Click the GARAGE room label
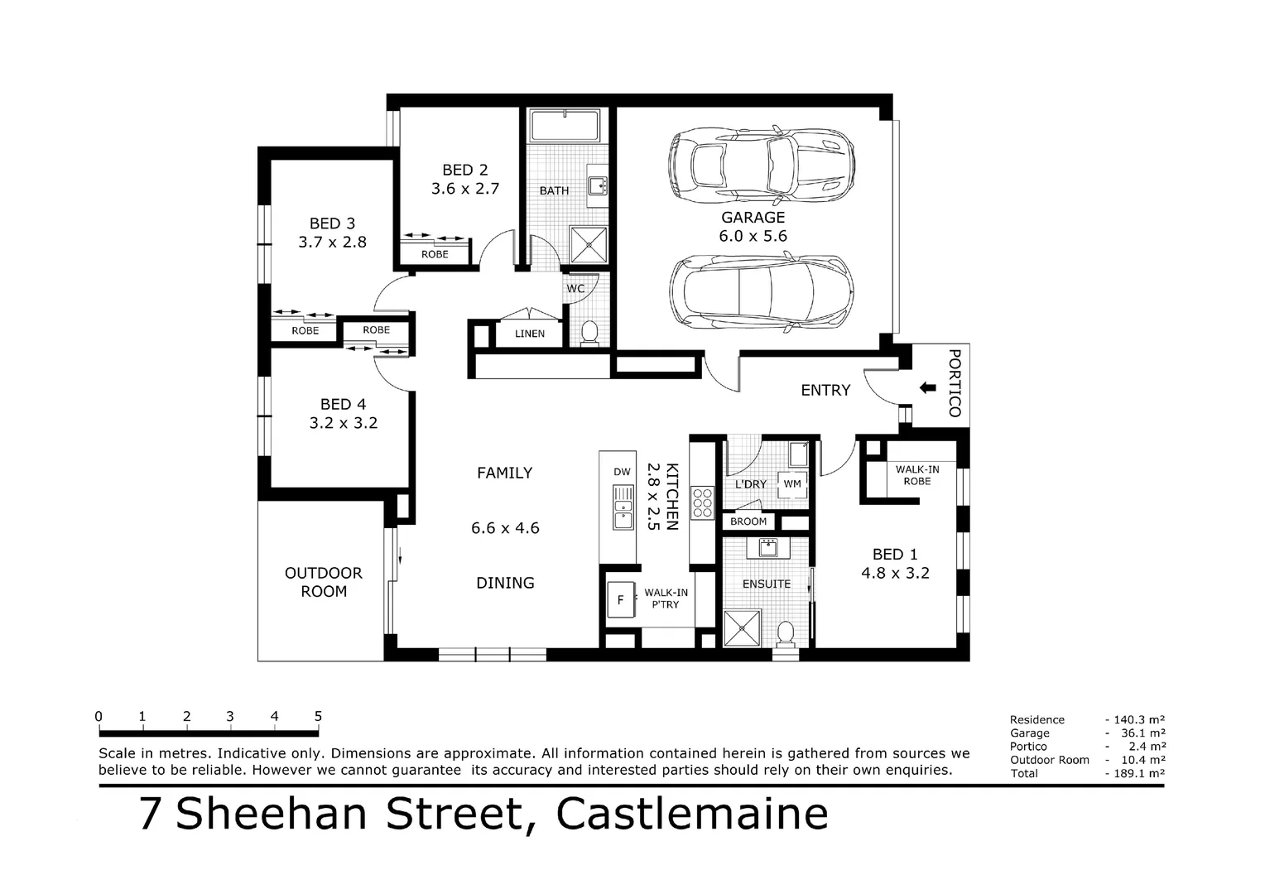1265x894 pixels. click(x=753, y=218)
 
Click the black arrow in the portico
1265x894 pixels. click(x=927, y=387)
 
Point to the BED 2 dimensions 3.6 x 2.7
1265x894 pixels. click(x=464, y=189)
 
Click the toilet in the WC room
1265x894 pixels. click(x=589, y=333)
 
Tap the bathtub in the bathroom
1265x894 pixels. click(x=567, y=125)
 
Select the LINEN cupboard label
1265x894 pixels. click(x=530, y=334)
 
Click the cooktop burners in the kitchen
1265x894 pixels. click(x=702, y=502)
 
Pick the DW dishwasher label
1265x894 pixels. click(x=622, y=472)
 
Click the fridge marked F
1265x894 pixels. click(x=620, y=600)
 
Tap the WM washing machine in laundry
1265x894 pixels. click(x=792, y=483)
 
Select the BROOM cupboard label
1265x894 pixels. click(x=748, y=521)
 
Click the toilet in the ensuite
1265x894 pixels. click(x=786, y=634)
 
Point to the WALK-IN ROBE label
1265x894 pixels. click(x=917, y=475)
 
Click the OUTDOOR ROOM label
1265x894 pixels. click(x=324, y=582)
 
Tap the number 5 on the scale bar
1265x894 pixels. click(x=318, y=717)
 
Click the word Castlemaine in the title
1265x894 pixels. click(x=691, y=814)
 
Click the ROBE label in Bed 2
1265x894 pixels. click(x=435, y=254)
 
